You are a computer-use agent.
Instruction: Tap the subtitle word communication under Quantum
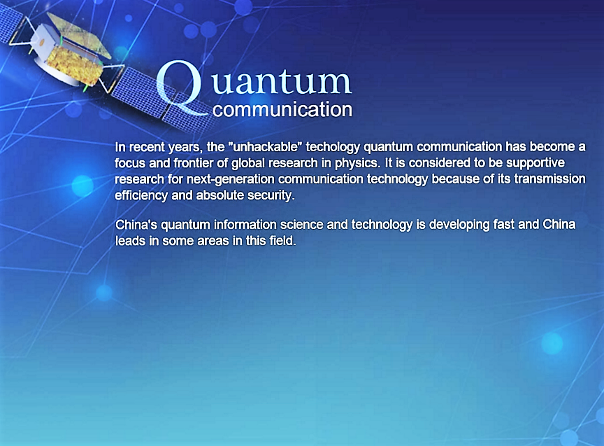282,109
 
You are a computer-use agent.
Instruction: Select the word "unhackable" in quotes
265,147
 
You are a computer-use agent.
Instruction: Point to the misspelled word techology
333,147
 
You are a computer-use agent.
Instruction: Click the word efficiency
141,195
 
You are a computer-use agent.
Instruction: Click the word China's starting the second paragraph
136,225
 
